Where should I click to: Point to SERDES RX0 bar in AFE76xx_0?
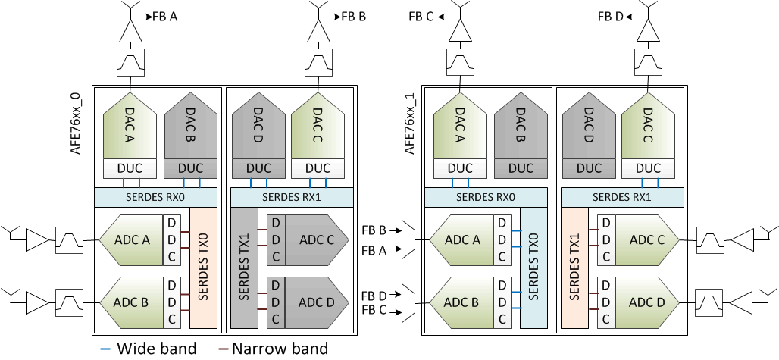[155, 196]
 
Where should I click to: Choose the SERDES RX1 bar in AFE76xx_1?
[621, 196]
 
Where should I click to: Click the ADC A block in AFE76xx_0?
[130, 239]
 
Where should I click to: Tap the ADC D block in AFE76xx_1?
[646, 303]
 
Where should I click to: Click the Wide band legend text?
[157, 349]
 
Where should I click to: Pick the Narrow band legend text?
[280, 349]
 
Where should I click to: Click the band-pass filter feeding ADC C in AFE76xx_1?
[710, 239]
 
